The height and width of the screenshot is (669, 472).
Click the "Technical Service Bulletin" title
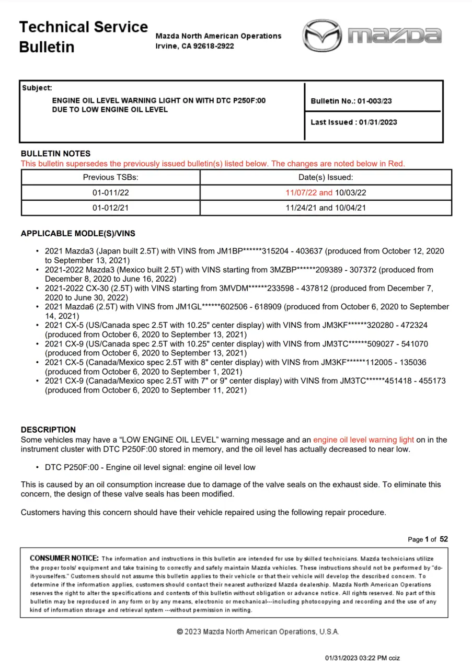[84, 37]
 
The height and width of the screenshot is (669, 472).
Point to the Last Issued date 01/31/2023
[377, 122]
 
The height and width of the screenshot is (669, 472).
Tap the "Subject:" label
[37, 88]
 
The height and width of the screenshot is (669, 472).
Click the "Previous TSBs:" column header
[110, 178]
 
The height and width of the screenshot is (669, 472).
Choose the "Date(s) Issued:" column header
[326, 178]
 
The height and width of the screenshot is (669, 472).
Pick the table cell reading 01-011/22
[110, 193]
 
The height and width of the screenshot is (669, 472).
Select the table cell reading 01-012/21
[110, 207]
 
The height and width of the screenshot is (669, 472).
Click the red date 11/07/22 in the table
[301, 193]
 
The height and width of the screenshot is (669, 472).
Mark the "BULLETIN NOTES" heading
[55, 154]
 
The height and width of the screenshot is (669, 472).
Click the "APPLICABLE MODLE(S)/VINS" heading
[78, 234]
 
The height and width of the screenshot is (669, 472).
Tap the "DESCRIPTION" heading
[48, 430]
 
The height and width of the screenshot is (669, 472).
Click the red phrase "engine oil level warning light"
[363, 440]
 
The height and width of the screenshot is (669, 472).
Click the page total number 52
[444, 539]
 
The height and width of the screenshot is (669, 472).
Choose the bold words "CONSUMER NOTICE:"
[64, 558]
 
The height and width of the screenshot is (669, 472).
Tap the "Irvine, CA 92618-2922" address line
[195, 46]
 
